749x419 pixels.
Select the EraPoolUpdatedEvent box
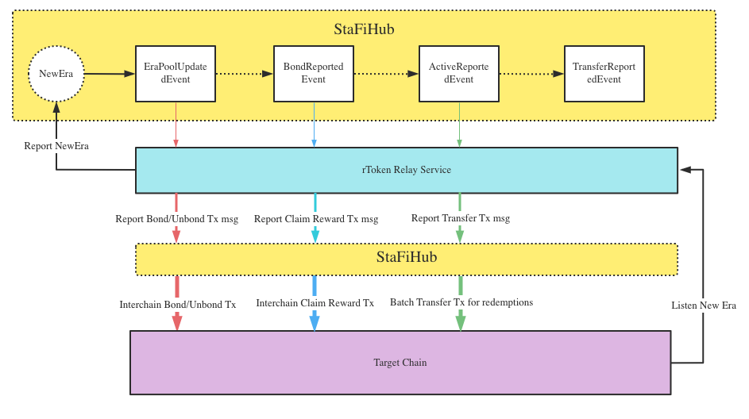coord(176,74)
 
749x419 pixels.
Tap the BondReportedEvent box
coord(314,74)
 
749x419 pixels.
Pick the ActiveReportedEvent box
coord(458,74)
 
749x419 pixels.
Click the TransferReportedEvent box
coord(604,74)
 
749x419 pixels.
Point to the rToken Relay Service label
coord(407,170)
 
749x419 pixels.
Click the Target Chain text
coord(400,363)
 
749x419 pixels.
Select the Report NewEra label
coord(56,146)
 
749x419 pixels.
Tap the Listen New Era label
coord(704,306)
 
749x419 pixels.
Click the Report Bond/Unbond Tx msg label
coord(177,219)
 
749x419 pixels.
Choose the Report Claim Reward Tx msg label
coord(316,219)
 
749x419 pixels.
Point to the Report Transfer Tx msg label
coord(461,218)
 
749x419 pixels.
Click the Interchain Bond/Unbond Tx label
coord(177,305)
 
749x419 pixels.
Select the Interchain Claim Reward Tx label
coord(315,303)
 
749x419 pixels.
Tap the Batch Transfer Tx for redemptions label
coord(461,302)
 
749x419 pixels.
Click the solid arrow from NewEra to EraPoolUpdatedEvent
coord(110,74)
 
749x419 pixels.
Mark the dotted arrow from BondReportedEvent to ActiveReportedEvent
coord(386,74)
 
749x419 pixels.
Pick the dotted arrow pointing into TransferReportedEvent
coord(531,74)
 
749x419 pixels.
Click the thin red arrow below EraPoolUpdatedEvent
coord(176,125)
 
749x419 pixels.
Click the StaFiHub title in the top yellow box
coord(364,29)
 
